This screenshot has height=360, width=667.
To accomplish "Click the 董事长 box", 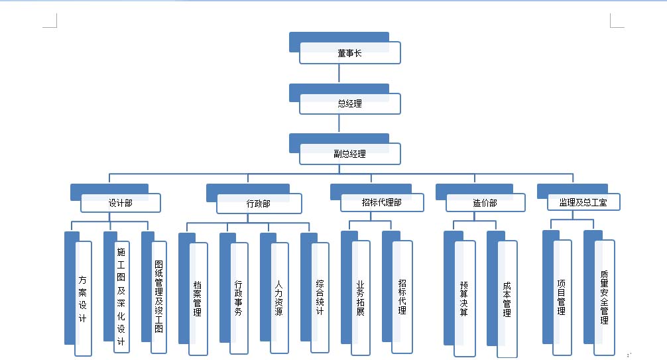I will coord(349,53).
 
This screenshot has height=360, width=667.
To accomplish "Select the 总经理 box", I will coord(349,103).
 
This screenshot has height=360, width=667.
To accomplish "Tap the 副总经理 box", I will coord(349,154).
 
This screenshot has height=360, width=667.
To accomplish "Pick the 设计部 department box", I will coord(120,203).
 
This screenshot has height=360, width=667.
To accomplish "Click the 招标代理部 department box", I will coord(381,202).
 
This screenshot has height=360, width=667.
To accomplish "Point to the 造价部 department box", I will coord(485,203).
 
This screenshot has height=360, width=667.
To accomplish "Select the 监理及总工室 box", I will coord(583,202).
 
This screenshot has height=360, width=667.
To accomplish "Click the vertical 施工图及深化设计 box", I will coord(121,298).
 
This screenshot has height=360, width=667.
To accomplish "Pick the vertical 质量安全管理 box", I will coord(604,297).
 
